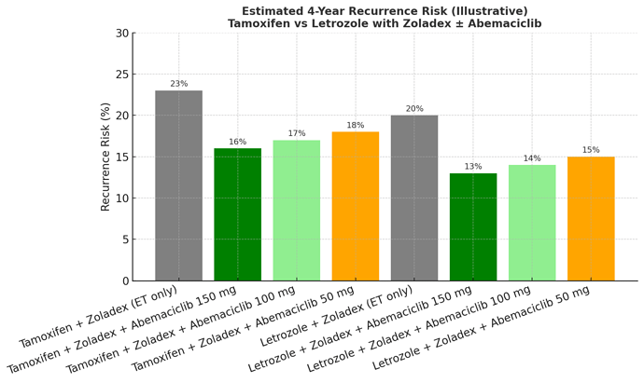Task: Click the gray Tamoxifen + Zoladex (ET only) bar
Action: pos(178,185)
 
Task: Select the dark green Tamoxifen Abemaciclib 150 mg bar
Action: pos(237,214)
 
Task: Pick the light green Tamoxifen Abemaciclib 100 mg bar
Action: pos(296,211)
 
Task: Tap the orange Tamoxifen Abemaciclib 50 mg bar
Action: pos(355,206)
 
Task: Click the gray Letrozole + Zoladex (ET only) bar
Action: pos(414,198)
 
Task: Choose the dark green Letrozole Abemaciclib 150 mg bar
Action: pos(473,226)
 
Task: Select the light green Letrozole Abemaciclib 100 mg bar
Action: pos(532,223)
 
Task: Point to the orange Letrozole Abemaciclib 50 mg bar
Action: pos(591,219)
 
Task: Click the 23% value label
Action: pos(178,84)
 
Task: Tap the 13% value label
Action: pos(473,167)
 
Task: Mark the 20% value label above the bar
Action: pos(414,109)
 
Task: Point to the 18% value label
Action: pos(355,126)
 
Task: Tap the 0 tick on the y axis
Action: pos(124,281)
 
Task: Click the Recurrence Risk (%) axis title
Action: pos(105,157)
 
